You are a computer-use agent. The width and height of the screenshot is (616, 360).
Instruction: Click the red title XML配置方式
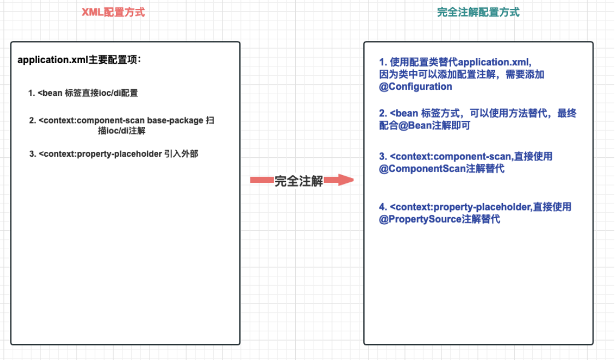point(113,12)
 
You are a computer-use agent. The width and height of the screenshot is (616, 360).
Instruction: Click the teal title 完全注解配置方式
point(478,12)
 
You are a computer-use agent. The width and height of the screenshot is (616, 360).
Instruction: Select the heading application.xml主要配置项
point(79,60)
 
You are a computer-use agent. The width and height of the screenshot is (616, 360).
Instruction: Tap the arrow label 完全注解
point(299,181)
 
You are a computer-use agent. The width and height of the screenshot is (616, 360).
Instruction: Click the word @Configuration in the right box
point(415,86)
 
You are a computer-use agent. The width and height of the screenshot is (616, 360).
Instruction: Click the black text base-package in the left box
point(174,120)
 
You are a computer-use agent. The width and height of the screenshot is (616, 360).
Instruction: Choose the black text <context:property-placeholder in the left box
point(100,154)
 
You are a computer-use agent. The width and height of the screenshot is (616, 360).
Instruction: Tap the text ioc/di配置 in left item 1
point(119,93)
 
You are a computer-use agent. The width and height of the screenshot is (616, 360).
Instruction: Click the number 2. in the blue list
point(383,114)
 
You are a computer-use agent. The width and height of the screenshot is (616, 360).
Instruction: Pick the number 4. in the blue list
point(383,207)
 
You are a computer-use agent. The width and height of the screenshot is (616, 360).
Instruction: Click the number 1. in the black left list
point(32,93)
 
